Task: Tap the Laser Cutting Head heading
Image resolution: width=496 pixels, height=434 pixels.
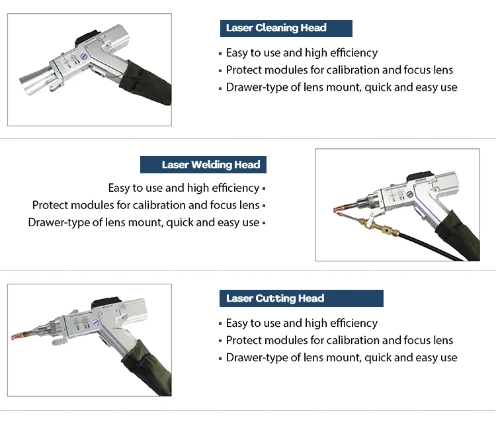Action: click(x=275, y=298)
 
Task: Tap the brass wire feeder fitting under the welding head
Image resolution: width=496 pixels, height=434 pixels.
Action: click(x=380, y=230)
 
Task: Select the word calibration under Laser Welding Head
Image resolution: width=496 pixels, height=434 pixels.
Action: click(x=161, y=205)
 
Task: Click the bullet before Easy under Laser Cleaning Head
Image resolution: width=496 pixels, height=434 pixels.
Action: click(x=220, y=53)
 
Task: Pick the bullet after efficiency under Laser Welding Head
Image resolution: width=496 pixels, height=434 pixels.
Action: click(x=264, y=189)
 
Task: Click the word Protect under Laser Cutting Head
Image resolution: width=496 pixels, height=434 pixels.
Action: click(x=243, y=340)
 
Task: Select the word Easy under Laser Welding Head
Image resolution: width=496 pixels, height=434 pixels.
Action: click(x=120, y=188)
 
